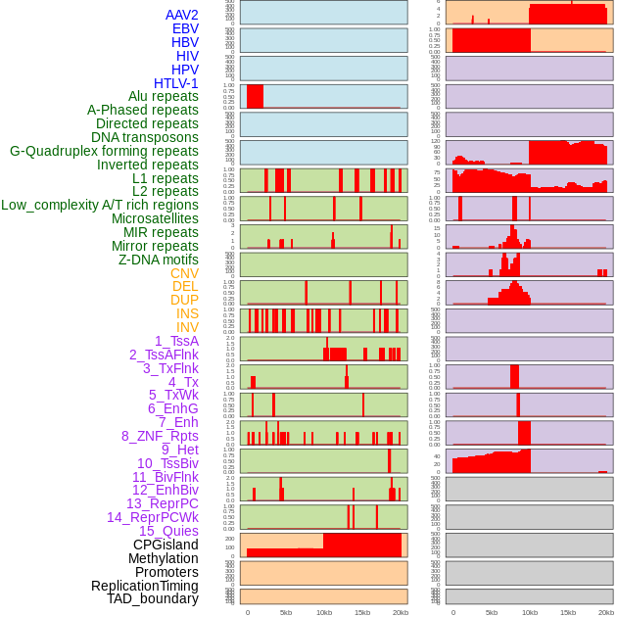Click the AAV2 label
point(182,15)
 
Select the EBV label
point(185,28)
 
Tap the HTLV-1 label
point(176,83)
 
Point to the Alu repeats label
point(163,96)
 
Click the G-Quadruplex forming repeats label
point(104,151)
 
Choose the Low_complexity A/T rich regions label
point(100,205)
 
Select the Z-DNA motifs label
point(159,260)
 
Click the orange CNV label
point(184,273)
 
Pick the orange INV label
point(187,327)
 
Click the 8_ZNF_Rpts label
point(160,436)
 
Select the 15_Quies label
point(167,531)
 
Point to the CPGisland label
point(166,545)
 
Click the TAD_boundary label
point(153,598)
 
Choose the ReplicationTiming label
point(145,586)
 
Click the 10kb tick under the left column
point(324,612)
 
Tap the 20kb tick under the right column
point(606,612)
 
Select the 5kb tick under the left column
point(286,612)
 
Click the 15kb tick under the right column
point(568,612)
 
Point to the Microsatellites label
point(155,218)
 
